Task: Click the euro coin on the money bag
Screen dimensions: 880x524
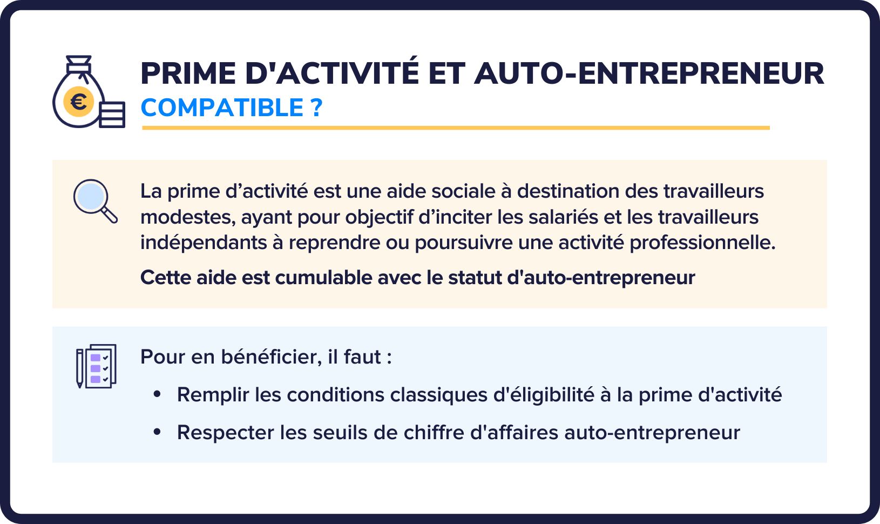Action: [79, 102]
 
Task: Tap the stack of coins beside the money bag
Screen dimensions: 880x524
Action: [112, 115]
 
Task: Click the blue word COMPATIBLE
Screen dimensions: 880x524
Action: [222, 108]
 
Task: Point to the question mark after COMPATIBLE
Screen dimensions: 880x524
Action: [316, 108]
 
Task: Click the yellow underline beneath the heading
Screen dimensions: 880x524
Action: [456, 127]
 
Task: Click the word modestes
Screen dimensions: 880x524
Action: [188, 217]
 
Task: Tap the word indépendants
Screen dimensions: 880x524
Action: [203, 243]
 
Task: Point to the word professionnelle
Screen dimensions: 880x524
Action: [702, 243]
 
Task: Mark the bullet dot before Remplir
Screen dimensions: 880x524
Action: [158, 394]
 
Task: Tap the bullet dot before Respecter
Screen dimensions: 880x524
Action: [158, 432]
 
